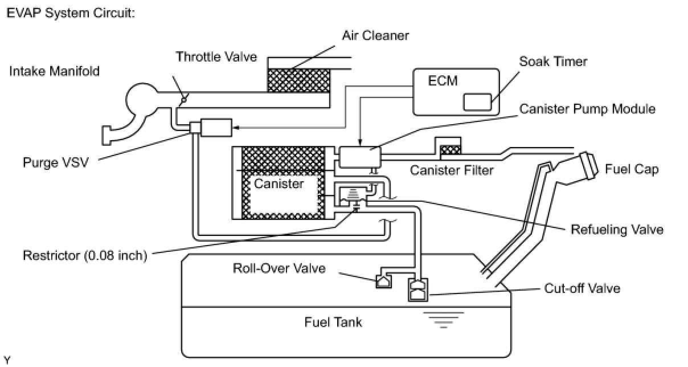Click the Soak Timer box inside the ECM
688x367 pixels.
(477, 102)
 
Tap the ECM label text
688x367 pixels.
(443, 80)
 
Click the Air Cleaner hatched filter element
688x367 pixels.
(298, 80)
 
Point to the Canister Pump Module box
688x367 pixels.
(360, 156)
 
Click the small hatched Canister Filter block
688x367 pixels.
(451, 150)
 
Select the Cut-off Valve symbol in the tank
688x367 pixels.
(419, 290)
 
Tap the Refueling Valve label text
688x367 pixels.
(617, 230)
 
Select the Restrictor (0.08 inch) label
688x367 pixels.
(85, 255)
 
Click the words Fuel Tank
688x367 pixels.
(333, 322)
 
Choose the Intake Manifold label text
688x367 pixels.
(54, 71)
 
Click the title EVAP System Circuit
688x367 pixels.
(70, 13)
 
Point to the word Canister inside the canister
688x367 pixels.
(279, 183)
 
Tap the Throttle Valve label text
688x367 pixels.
(216, 56)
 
